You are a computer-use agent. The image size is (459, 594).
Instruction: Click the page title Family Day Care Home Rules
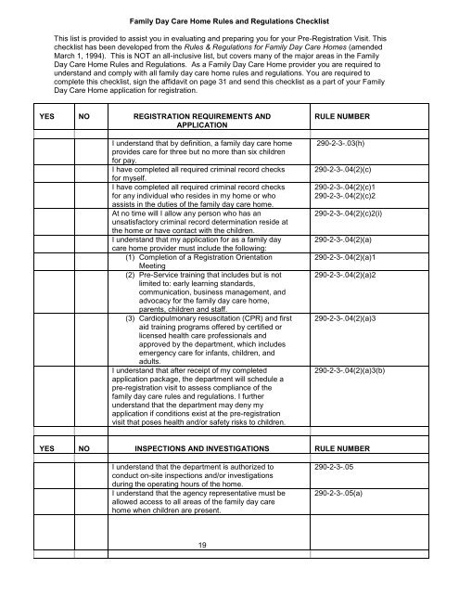pos(229,19)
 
